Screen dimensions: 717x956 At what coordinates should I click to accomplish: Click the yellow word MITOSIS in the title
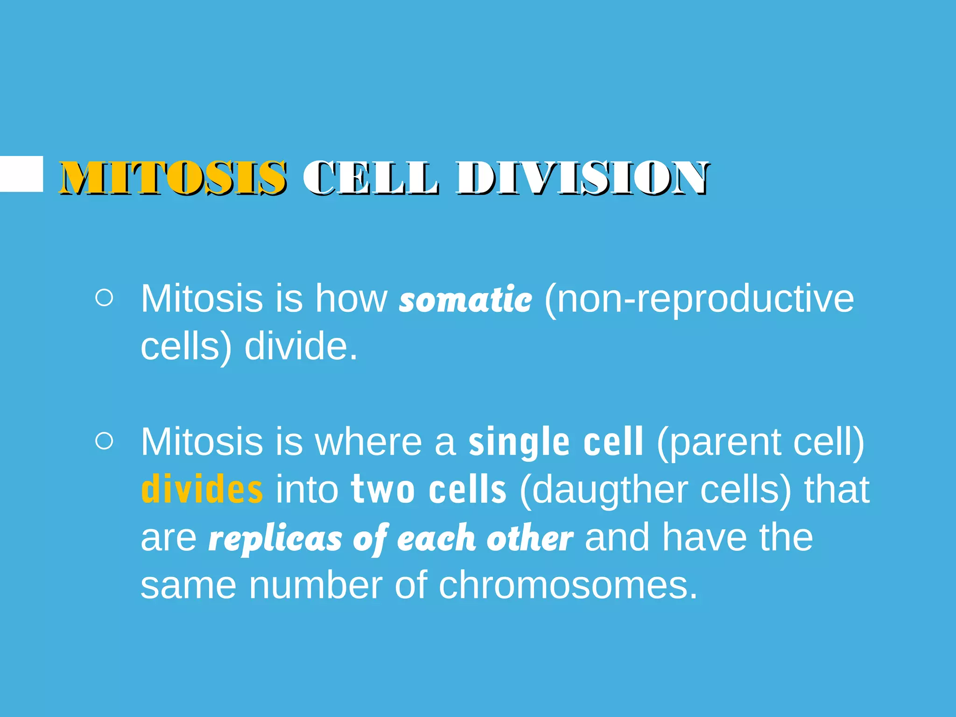(x=173, y=178)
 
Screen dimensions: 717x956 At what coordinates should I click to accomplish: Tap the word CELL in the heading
(x=371, y=178)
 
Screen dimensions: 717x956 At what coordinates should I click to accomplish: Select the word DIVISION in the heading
(x=583, y=178)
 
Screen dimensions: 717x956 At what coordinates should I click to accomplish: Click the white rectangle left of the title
(x=21, y=174)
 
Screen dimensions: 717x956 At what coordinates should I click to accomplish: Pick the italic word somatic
(x=465, y=299)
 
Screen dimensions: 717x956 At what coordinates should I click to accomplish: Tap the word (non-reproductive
(x=699, y=299)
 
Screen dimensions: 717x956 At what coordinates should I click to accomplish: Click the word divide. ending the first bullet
(x=301, y=347)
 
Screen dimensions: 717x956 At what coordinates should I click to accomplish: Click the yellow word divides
(x=202, y=490)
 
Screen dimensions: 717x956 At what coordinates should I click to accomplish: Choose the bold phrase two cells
(x=429, y=490)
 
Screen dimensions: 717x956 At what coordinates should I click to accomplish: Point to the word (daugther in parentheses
(x=602, y=491)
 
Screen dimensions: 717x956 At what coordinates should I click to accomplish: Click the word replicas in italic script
(x=275, y=538)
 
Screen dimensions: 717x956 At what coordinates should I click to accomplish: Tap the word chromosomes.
(x=568, y=585)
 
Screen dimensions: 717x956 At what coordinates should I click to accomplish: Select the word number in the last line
(x=316, y=585)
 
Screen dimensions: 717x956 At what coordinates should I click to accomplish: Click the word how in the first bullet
(x=351, y=299)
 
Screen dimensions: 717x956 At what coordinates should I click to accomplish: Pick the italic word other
(x=530, y=538)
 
